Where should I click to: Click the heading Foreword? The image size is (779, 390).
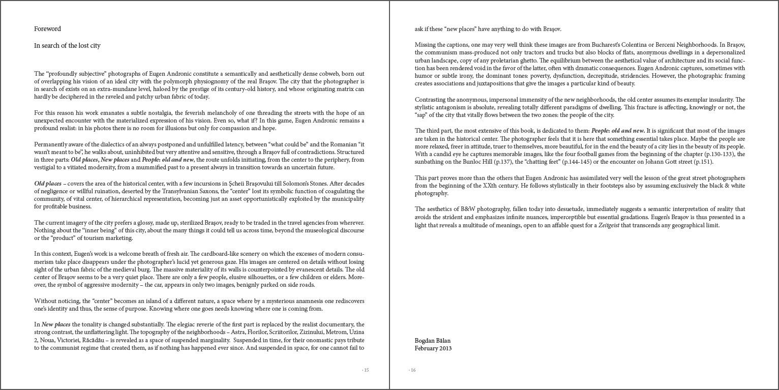click(47, 29)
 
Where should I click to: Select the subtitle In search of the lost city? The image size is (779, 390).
click(67, 46)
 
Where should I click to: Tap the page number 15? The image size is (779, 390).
click(366, 370)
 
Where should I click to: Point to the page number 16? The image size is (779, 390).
click(412, 370)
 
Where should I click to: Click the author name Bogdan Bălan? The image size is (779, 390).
click(433, 341)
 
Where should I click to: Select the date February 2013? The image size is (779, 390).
click(433, 348)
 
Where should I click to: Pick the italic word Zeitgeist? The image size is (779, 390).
click(609, 225)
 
